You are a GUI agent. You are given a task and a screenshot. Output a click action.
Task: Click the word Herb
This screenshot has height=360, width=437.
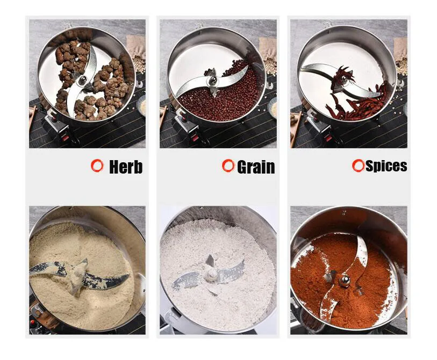point(126,167)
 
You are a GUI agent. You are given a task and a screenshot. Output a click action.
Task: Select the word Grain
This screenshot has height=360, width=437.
point(256,167)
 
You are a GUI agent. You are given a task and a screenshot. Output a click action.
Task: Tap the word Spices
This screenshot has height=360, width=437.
point(386,166)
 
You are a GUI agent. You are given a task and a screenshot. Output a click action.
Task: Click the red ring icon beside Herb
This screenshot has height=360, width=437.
point(97,165)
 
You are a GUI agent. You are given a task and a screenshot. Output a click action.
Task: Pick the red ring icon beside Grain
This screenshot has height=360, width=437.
point(228,165)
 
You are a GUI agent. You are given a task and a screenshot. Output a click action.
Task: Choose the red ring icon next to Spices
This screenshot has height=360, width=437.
point(358,165)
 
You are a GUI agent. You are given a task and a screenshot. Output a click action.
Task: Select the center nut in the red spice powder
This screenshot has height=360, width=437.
point(342,278)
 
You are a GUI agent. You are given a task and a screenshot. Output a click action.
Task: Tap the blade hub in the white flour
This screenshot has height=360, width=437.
point(211,273)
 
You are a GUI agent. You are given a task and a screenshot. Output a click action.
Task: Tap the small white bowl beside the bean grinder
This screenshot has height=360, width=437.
point(273,110)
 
